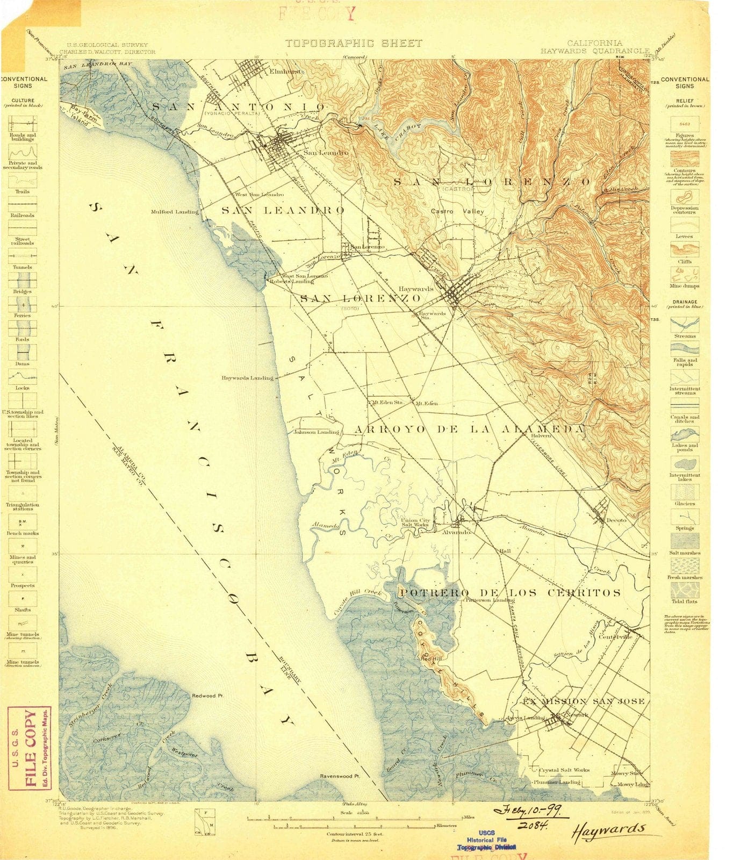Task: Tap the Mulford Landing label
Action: click(174, 211)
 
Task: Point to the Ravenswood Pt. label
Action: click(339, 776)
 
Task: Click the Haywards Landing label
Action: click(247, 378)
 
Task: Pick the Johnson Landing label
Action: click(316, 432)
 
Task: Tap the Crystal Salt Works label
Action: click(564, 770)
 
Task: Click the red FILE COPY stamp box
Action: click(30, 748)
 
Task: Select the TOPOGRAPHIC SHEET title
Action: click(354, 43)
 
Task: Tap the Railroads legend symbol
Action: click(23, 204)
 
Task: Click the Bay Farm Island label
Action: click(85, 116)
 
